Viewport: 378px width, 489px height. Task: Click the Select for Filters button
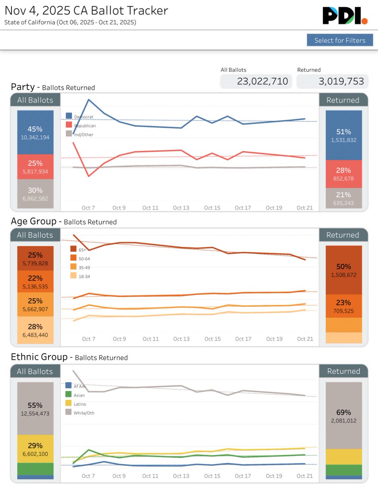click(340, 40)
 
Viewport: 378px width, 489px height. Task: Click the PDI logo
click(345, 15)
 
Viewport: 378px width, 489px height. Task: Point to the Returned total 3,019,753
click(332, 81)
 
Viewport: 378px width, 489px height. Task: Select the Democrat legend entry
click(80, 117)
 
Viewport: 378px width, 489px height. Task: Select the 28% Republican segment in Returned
click(344, 174)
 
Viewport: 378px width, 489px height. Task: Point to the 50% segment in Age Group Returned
click(344, 270)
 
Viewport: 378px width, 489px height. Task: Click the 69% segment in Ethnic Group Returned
click(344, 416)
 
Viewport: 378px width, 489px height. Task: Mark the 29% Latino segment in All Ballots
click(35, 449)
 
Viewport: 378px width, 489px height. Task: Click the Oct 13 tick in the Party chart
click(181, 208)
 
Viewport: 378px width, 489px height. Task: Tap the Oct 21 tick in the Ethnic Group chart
click(305, 476)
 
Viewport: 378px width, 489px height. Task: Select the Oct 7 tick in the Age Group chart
click(88, 339)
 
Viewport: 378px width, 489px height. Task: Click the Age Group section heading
click(33, 221)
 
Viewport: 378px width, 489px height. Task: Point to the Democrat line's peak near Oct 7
click(88, 99)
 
